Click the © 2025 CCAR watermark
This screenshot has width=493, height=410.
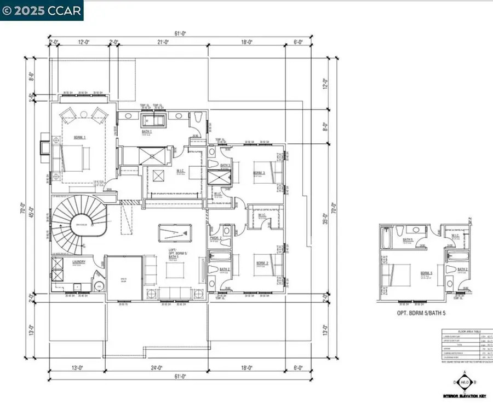click(x=42, y=10)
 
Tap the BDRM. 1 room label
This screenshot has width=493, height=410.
click(x=80, y=138)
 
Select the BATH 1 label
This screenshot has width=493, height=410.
click(x=147, y=132)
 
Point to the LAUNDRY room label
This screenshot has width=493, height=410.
click(x=79, y=262)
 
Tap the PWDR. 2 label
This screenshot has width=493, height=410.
click(x=215, y=238)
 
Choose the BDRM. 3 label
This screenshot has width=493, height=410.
click(x=259, y=173)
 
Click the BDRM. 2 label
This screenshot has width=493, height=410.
click(x=262, y=263)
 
